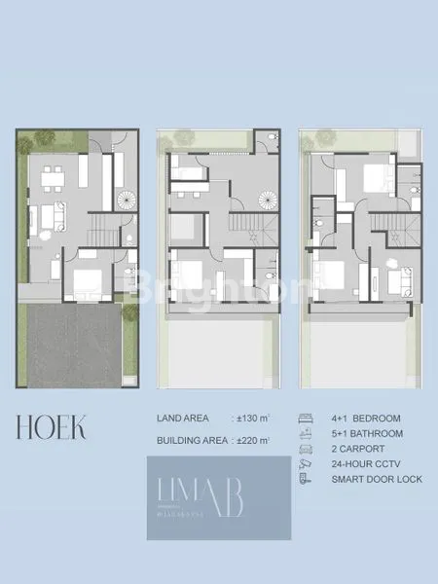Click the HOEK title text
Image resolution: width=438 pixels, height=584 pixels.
pyautogui.click(x=51, y=425)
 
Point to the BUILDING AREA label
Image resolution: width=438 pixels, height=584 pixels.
pyautogui.click(x=192, y=441)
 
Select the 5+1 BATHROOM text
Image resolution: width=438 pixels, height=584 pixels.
pyautogui.click(x=366, y=434)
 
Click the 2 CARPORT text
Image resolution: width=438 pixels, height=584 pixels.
pyautogui.click(x=358, y=450)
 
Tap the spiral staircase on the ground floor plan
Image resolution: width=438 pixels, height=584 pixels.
pyautogui.click(x=127, y=201)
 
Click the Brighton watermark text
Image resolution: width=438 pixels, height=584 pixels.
pyautogui.click(x=219, y=288)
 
